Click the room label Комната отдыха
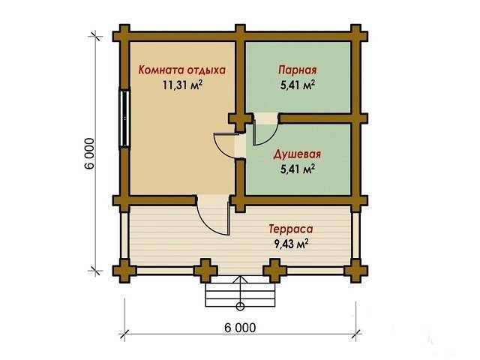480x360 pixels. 181,70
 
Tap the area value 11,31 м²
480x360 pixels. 182,85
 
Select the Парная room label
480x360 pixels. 297,70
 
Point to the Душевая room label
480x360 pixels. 297,154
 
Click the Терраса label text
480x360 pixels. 291,229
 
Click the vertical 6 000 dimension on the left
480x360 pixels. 89,154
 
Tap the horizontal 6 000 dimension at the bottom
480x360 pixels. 240,328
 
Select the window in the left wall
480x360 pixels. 124,118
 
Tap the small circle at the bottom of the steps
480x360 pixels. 240,306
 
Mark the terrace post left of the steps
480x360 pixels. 206,271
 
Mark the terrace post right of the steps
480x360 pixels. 275,271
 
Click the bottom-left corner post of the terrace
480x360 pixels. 124,271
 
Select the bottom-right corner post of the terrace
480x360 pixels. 355,271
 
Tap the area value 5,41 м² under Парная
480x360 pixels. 298,85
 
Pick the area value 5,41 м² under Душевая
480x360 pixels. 298,169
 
